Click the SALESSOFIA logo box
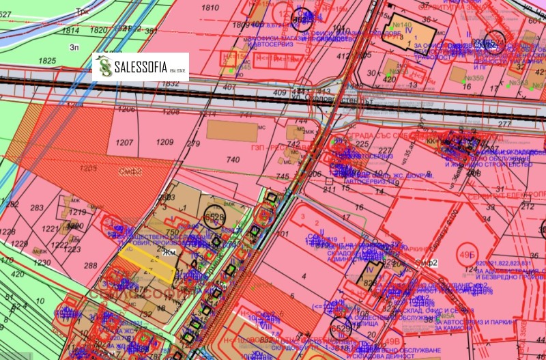coord(141,67)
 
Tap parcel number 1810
coord(211,8)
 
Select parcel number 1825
coord(47,61)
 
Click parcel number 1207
coord(124,142)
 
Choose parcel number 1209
coord(165,142)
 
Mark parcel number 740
coord(233,159)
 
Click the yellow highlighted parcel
coord(147,262)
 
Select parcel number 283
coord(37,208)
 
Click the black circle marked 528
coord(214,217)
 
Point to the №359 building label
coord(473,77)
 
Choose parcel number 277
coord(504,123)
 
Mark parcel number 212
coord(527,206)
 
